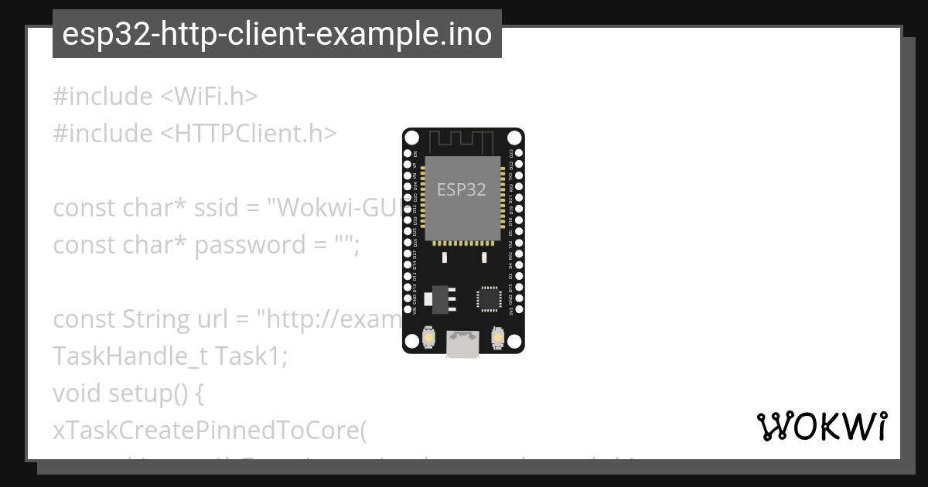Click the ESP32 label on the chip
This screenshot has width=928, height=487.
tap(462, 190)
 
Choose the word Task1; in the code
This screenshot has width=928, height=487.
tap(251, 356)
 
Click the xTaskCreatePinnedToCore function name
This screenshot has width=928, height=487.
tap(208, 431)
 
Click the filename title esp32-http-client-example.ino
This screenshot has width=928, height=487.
tap(277, 35)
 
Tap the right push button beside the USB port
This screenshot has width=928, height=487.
tap(497, 338)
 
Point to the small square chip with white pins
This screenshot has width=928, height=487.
tap(489, 297)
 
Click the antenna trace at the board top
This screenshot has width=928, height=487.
tap(462, 142)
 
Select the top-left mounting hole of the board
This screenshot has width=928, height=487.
tap(412, 138)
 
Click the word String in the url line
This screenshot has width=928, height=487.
tap(152, 319)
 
